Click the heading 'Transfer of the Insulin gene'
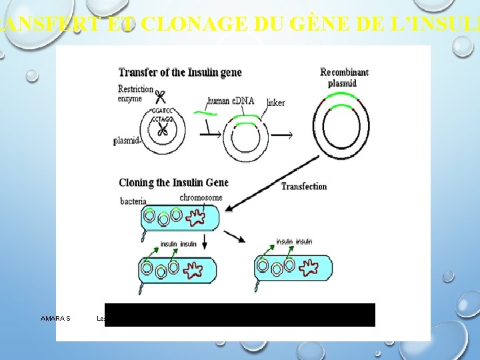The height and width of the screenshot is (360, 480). pos(180,72)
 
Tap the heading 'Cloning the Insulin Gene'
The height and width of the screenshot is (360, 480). pos(173,183)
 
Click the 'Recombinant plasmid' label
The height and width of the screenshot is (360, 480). pos(344,77)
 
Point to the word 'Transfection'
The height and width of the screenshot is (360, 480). pos(304,187)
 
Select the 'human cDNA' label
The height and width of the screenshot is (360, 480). pos(231,101)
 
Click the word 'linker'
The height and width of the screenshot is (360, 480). pos(275,103)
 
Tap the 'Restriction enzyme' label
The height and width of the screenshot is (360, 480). pos(135,94)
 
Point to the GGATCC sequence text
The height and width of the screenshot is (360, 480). pos(162,110)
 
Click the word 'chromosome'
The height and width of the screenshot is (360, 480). pos(201,198)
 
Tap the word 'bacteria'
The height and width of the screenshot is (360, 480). pos(134,201)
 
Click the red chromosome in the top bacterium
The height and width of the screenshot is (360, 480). pos(199,217)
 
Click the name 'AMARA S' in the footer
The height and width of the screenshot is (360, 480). pos(55,319)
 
